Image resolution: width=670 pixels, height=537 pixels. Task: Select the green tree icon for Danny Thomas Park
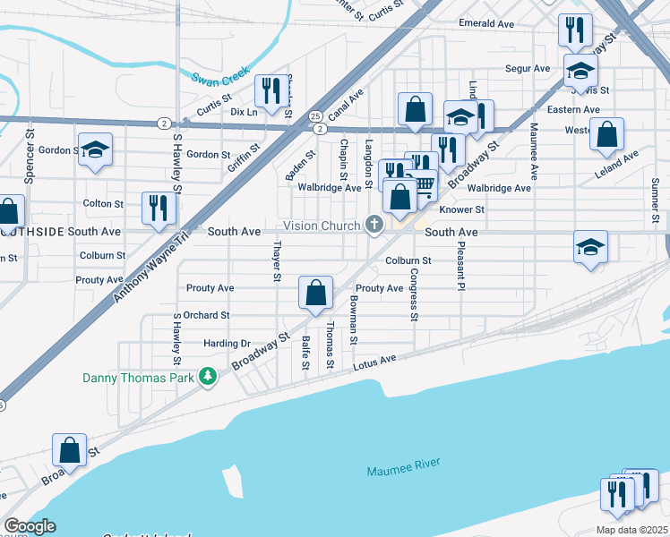[208, 377]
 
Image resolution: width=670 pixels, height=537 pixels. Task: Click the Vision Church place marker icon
[374, 226]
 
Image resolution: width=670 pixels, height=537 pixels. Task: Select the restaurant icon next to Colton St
[159, 208]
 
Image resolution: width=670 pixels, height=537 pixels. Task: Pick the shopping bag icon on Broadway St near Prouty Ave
[315, 292]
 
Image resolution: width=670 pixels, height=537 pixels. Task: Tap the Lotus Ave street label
[375, 360]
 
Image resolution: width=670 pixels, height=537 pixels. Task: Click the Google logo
[30, 526]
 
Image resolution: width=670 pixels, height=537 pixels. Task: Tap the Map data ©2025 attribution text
[631, 530]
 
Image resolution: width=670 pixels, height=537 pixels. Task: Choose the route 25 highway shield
[315, 116]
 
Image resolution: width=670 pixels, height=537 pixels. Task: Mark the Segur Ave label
[528, 68]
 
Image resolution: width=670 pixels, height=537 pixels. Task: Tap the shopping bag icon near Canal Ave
[415, 109]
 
